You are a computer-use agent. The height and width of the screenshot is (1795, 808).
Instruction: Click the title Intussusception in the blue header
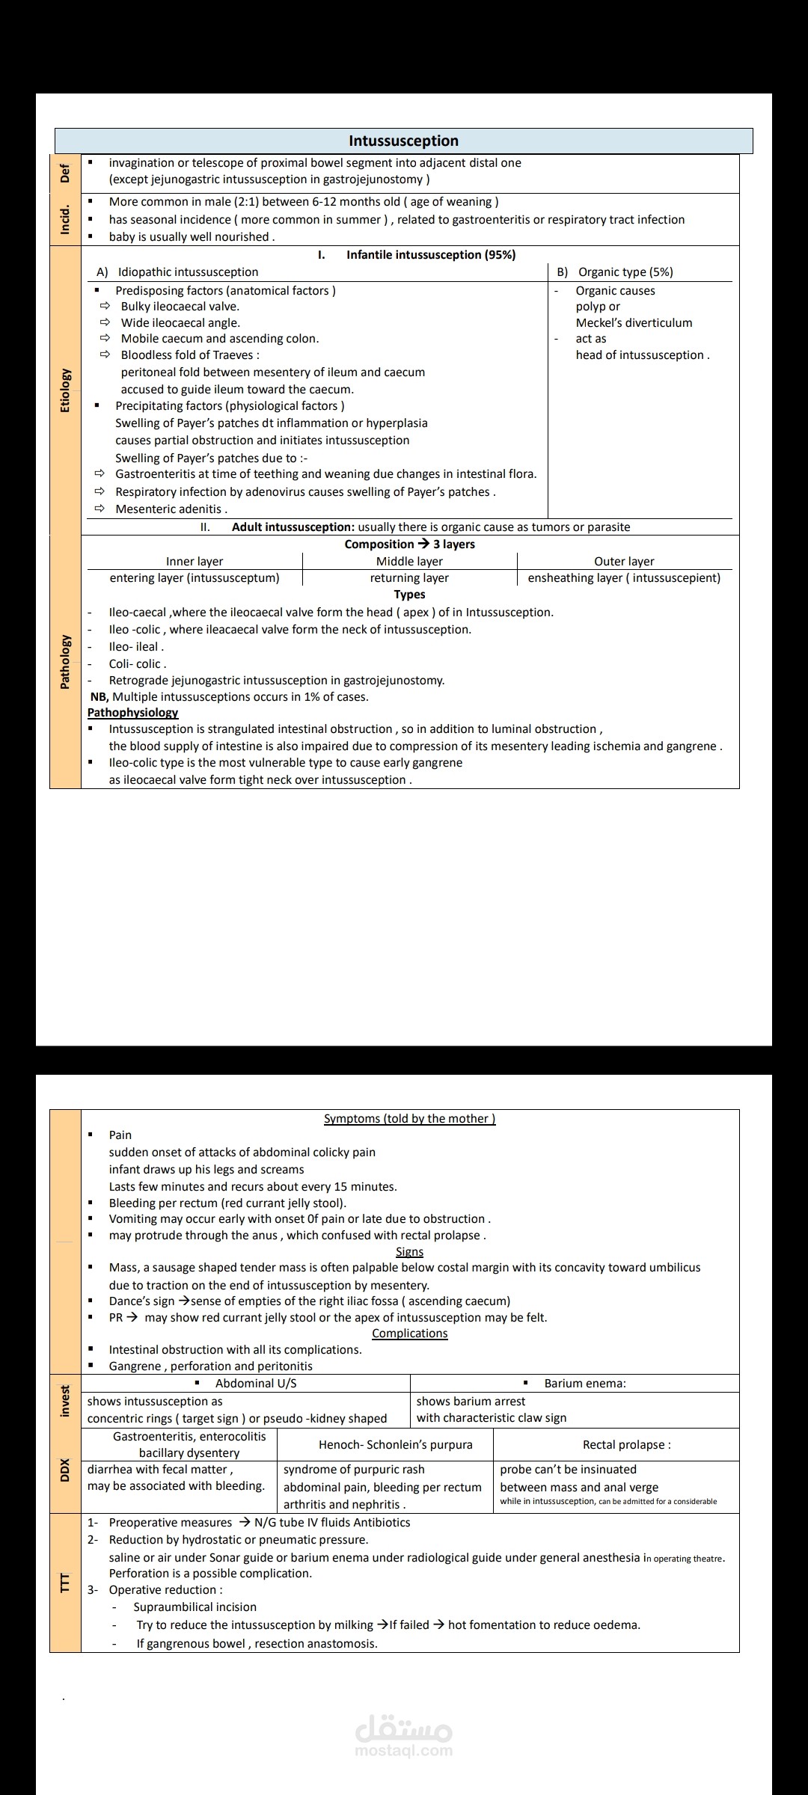tap(403, 141)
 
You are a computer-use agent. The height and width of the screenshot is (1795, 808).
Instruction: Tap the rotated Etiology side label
tap(65, 390)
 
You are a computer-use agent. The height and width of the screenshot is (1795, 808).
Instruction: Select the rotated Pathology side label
tap(65, 661)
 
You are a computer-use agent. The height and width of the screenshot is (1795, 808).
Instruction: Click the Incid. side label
tap(65, 219)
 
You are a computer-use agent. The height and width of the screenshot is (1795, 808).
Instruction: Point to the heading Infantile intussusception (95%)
tap(430, 254)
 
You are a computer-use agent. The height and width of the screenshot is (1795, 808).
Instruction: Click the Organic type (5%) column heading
tap(625, 271)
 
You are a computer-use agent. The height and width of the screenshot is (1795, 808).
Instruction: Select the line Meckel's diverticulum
tap(634, 322)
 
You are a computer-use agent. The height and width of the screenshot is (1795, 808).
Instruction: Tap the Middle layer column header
tap(409, 561)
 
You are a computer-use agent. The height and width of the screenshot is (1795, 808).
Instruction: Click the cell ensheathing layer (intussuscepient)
tap(624, 577)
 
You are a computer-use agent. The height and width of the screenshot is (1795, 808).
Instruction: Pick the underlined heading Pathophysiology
tap(132, 712)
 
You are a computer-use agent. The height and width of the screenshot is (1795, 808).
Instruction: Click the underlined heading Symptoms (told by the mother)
tap(409, 1118)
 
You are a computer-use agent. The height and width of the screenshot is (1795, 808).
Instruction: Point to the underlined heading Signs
tap(409, 1251)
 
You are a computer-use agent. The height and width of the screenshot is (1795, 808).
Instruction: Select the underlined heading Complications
tap(409, 1333)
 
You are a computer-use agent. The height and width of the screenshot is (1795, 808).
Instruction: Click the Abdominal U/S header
tap(255, 1383)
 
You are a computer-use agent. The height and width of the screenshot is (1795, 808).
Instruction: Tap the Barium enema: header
tap(584, 1383)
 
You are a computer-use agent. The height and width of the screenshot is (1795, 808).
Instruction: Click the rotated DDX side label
tap(65, 1470)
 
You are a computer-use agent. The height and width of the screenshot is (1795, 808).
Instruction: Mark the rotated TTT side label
tap(65, 1582)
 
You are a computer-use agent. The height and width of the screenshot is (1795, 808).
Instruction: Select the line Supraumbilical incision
tap(195, 1607)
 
